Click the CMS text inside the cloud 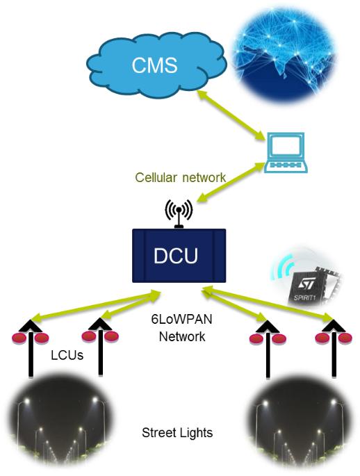[154, 65]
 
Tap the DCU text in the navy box [175, 256]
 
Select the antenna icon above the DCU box [179, 213]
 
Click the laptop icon [285, 152]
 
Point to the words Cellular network [180, 177]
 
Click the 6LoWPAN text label [181, 320]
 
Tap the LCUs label [67, 355]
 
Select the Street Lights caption [177, 433]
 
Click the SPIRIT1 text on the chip [304, 297]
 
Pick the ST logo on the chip [305, 285]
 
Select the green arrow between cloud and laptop [231, 115]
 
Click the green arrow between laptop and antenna [229, 183]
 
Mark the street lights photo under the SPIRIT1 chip [300, 422]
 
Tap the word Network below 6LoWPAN [182, 336]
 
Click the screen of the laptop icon [286, 147]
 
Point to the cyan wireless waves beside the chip [282, 267]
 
